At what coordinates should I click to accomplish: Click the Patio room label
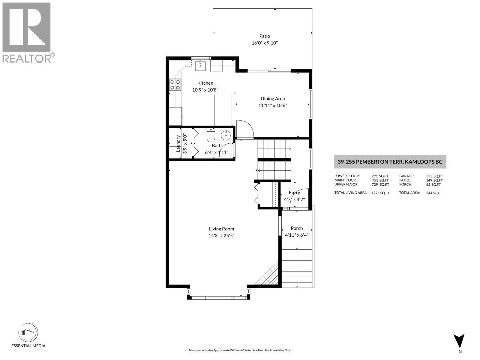[265, 36]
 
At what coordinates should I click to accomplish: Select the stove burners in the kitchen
[175, 84]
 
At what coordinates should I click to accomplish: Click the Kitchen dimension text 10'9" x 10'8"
[205, 90]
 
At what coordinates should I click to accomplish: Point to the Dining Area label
[272, 98]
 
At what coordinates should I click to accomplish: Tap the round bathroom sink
[226, 136]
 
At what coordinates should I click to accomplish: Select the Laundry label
[178, 143]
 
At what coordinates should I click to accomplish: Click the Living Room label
[221, 229]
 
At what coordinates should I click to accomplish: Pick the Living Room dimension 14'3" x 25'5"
[221, 236]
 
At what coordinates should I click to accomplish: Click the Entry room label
[294, 193]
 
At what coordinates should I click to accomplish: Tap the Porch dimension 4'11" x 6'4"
[297, 235]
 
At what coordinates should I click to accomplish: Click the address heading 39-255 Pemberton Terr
[390, 162]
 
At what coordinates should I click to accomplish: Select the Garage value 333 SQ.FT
[434, 176]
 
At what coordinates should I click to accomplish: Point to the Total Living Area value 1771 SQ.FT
[380, 193]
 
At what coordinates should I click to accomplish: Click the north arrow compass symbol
[459, 341]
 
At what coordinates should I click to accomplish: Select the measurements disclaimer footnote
[240, 350]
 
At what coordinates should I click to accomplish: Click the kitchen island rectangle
[223, 110]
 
